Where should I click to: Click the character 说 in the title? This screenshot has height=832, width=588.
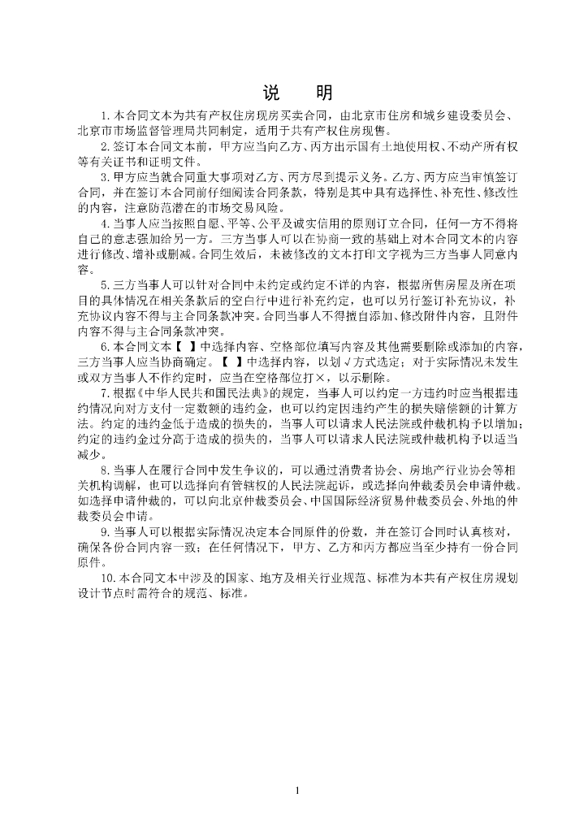point(271,93)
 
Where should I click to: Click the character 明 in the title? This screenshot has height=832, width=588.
point(324,93)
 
